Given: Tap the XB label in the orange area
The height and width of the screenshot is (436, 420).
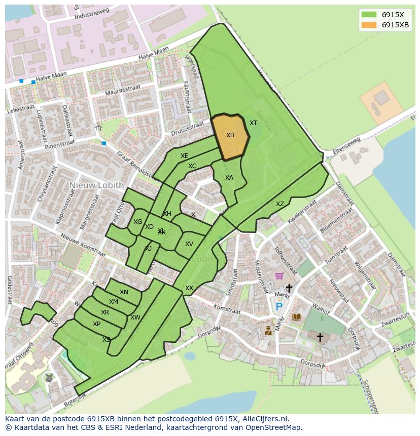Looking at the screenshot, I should [x=230, y=135].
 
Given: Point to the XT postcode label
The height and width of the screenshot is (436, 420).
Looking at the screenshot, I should [x=253, y=123].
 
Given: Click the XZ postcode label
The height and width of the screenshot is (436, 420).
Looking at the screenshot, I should [x=280, y=204].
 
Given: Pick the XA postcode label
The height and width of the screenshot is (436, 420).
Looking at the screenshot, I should [x=229, y=178].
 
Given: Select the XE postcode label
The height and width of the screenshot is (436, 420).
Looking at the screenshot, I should [x=185, y=156].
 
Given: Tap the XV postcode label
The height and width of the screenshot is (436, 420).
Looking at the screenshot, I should [x=189, y=244].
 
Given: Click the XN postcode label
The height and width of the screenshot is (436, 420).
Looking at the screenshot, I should [x=124, y=292].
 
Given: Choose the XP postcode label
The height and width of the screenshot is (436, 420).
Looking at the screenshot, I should [x=96, y=324].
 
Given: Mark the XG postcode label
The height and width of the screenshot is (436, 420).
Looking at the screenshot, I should [x=137, y=222].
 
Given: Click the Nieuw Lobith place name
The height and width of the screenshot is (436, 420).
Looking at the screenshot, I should [x=96, y=185].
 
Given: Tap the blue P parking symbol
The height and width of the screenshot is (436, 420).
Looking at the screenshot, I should [x=278, y=306].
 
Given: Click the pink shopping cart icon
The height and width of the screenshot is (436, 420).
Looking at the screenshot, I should [x=279, y=276].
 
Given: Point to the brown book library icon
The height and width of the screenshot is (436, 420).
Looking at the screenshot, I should [x=297, y=317].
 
